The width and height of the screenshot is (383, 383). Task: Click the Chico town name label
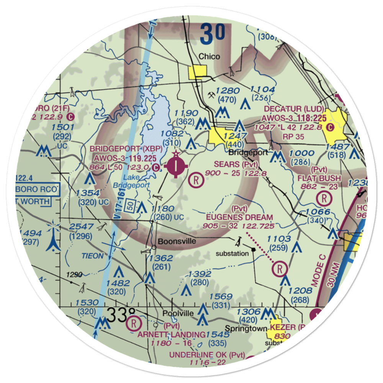click(x=209, y=57)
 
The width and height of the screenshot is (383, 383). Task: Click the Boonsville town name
click(x=177, y=241)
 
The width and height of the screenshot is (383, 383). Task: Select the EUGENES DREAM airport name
click(x=239, y=218)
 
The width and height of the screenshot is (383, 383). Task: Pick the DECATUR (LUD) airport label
click(x=293, y=108)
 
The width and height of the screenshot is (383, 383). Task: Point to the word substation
click(x=232, y=254)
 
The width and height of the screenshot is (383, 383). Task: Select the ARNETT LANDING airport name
click(x=171, y=335)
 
